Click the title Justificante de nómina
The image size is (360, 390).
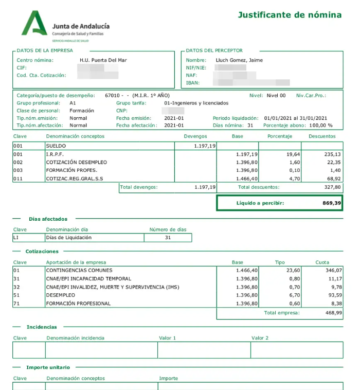click(x=290, y=15)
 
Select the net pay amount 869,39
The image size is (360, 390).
click(x=331, y=203)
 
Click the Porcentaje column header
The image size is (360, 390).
click(x=280, y=136)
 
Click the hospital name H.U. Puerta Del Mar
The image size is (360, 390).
click(x=103, y=60)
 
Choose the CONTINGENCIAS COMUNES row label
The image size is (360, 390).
click(x=79, y=270)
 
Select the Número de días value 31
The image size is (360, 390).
click(x=168, y=238)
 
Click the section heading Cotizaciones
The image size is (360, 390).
click(x=42, y=252)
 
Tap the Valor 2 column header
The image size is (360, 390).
click(x=260, y=338)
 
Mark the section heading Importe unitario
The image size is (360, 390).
click(x=48, y=367)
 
